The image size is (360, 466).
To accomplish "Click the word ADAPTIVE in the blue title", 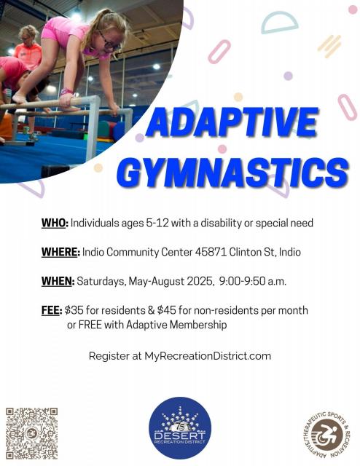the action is [x=232, y=122].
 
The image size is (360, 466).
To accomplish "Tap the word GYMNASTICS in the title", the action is [x=232, y=173].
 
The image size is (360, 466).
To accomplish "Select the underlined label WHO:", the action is [x=55, y=223].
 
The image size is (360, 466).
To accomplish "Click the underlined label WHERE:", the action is [x=60, y=252].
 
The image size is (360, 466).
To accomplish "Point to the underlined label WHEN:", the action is [x=58, y=281].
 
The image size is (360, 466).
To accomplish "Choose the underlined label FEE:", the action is [x=52, y=310].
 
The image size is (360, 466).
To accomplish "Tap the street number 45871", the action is [x=211, y=252].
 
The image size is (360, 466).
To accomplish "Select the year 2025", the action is [x=200, y=281].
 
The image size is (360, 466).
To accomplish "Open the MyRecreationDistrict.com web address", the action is [x=208, y=356].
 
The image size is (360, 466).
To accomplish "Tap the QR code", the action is [x=31, y=433].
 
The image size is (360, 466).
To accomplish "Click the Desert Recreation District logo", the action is [x=180, y=428].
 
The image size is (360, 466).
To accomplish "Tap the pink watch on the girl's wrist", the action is [x=66, y=91].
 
